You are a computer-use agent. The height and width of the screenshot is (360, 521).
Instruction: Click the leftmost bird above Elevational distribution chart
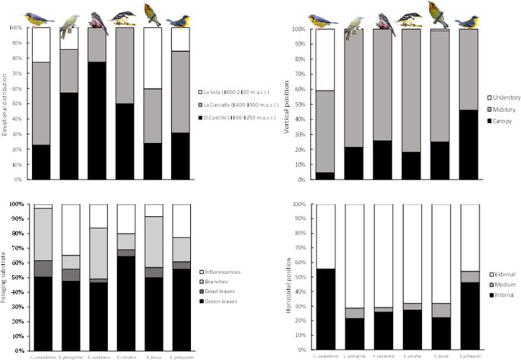40,18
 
